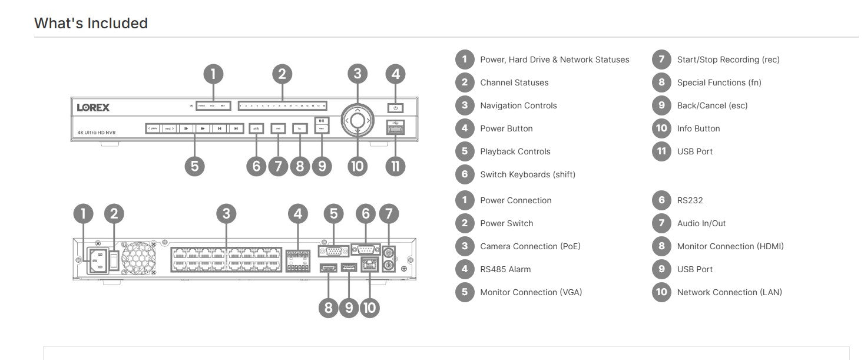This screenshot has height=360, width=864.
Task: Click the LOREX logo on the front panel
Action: pyautogui.click(x=93, y=107)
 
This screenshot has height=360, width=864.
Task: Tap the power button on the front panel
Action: pyautogui.click(x=396, y=108)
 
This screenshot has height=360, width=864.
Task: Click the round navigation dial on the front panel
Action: pyautogui.click(x=357, y=120)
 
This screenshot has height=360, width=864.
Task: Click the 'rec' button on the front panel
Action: pyautogui.click(x=278, y=128)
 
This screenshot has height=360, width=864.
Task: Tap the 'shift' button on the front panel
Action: pyautogui.click(x=256, y=128)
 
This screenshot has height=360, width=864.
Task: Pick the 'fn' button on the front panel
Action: pyautogui.click(x=300, y=128)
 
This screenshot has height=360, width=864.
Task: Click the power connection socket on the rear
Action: pyautogui.click(x=97, y=259)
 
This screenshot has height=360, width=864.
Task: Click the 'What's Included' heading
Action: pyautogui.click(x=91, y=23)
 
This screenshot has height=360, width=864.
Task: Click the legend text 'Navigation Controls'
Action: pyautogui.click(x=518, y=105)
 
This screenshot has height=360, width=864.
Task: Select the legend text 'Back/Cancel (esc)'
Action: pyautogui.click(x=712, y=105)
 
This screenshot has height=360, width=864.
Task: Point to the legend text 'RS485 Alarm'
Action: pyautogui.click(x=505, y=269)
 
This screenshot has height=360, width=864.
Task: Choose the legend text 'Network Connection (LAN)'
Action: pyautogui.click(x=729, y=292)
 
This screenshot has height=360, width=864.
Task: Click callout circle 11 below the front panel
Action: pyautogui.click(x=395, y=166)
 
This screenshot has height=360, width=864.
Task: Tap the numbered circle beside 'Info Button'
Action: pyautogui.click(x=661, y=128)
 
